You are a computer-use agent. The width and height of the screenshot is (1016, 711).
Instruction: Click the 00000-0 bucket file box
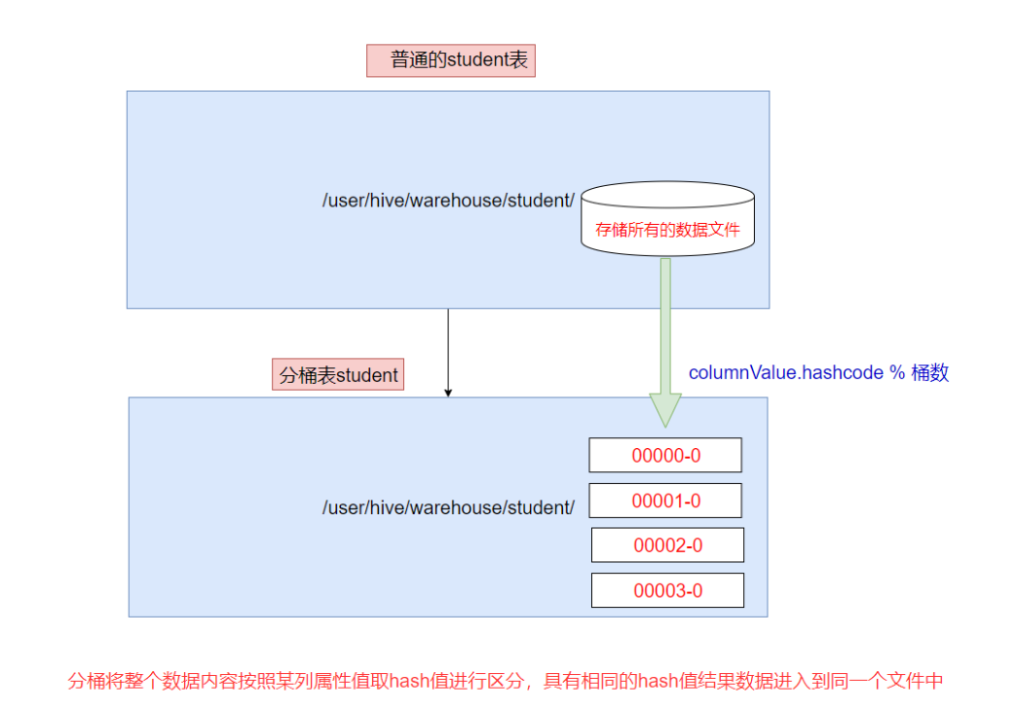click(x=665, y=455)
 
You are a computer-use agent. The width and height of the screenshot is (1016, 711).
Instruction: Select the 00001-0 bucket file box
click(x=665, y=501)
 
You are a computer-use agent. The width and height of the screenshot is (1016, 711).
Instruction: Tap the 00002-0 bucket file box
click(x=667, y=545)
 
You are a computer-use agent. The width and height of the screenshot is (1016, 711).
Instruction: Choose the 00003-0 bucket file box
click(x=667, y=590)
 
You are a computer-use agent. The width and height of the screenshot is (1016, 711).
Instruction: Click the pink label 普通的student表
click(x=451, y=60)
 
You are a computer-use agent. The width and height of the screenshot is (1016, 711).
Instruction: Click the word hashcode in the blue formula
click(x=844, y=372)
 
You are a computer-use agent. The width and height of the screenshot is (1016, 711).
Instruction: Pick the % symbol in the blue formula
click(x=897, y=372)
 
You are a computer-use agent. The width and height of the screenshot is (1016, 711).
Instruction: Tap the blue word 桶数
click(x=930, y=372)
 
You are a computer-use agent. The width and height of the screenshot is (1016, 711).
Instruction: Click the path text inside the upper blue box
click(x=448, y=201)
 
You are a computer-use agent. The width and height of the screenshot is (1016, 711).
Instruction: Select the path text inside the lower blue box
click(x=448, y=507)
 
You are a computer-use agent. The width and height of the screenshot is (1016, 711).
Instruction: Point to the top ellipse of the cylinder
click(x=668, y=194)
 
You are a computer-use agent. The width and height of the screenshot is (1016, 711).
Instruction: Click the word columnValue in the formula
click(x=743, y=372)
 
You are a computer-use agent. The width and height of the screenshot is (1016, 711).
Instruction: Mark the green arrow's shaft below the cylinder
click(x=665, y=321)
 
